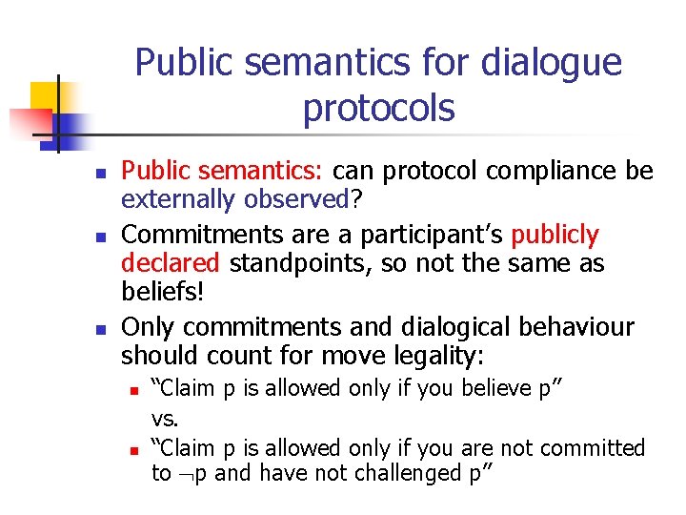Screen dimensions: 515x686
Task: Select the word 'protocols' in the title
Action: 378,109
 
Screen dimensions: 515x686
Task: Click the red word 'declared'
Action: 169,264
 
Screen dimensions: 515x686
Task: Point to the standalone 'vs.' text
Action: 166,418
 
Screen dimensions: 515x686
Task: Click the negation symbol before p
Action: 183,474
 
